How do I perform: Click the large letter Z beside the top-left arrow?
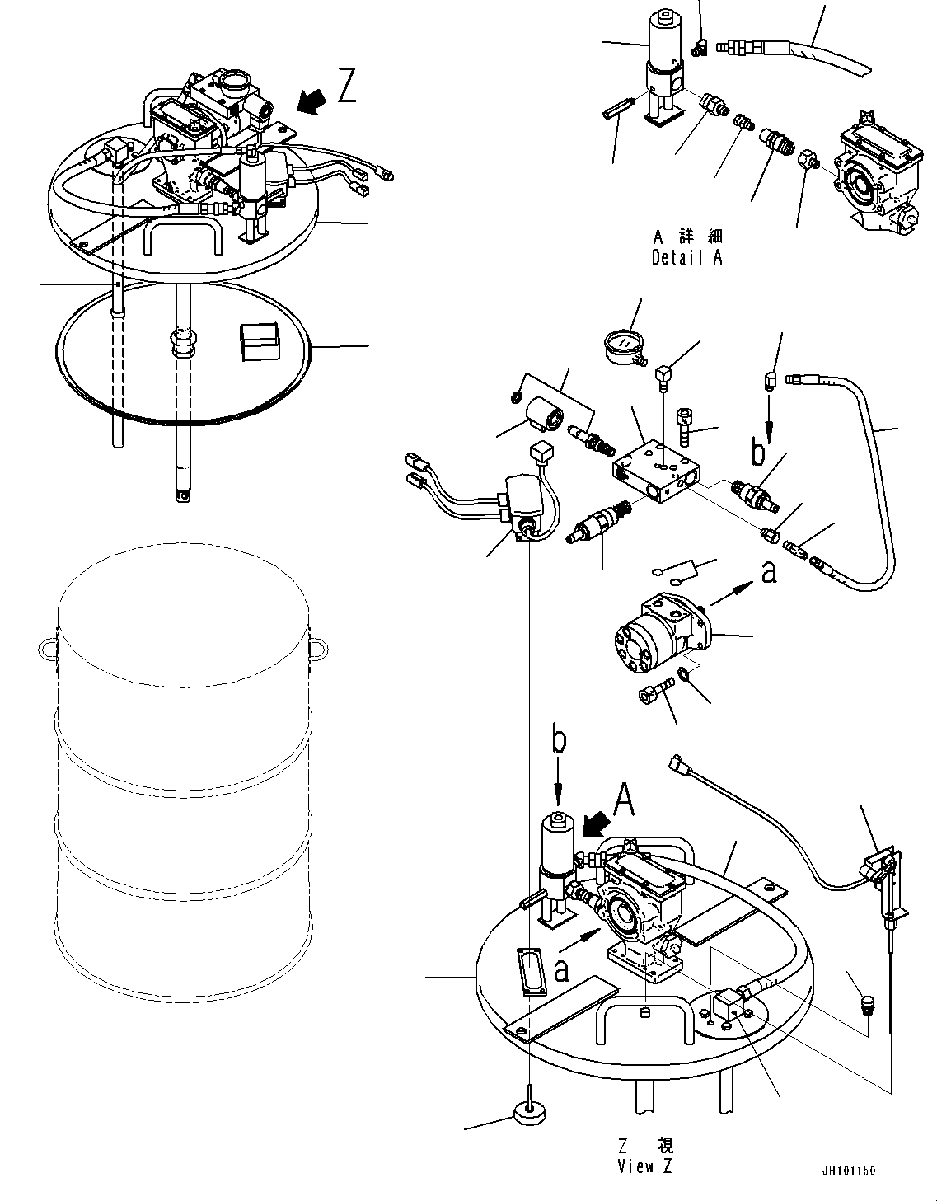pyautogui.click(x=347, y=86)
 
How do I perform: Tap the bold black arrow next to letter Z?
pyautogui.click(x=311, y=101)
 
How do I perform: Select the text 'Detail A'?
pyautogui.click(x=686, y=257)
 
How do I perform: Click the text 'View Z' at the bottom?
pyautogui.click(x=645, y=1166)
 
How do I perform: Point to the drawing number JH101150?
pyautogui.click(x=848, y=1171)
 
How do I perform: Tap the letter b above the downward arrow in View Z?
pyautogui.click(x=559, y=741)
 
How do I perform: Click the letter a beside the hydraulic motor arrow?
pyautogui.click(x=768, y=571)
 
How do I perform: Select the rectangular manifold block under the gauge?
pyautogui.click(x=657, y=476)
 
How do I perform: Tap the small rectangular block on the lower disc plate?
pyautogui.click(x=259, y=341)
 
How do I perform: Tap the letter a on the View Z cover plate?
pyautogui.click(x=561, y=971)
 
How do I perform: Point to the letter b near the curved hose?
pyautogui.click(x=757, y=453)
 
